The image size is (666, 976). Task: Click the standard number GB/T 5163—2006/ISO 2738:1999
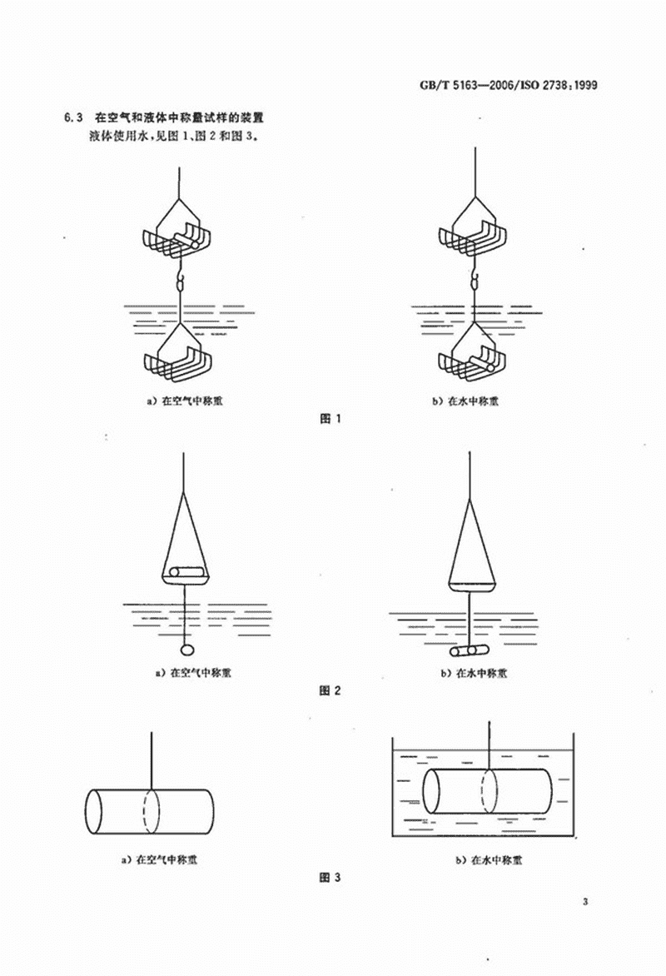tap(509, 85)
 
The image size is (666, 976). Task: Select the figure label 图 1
tap(330, 418)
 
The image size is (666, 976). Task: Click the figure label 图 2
tap(330, 690)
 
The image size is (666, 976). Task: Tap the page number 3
tap(585, 901)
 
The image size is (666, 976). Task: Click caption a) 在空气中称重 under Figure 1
tap(184, 401)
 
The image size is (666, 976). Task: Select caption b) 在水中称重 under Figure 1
tap(465, 401)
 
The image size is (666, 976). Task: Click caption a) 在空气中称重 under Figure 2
tap(193, 672)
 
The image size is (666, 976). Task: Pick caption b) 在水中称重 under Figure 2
tap(474, 672)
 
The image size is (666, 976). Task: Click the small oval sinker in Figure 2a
tap(186, 650)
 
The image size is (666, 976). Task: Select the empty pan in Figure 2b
tap(472, 585)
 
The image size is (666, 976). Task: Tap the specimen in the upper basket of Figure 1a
tap(186, 241)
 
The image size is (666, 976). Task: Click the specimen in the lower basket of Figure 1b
tap(482, 362)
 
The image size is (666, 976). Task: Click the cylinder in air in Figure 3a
tap(149, 812)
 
